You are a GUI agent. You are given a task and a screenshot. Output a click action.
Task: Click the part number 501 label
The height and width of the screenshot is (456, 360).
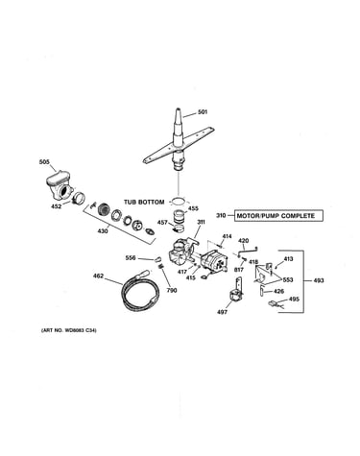203,112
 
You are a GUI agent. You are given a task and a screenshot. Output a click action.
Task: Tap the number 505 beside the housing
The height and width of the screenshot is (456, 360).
44,162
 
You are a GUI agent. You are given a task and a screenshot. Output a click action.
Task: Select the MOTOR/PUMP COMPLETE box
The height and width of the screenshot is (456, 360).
278,216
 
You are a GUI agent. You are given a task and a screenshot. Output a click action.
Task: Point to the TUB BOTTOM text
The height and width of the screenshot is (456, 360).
144,203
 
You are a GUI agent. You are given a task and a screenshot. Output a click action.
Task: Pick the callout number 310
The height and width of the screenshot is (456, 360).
221,216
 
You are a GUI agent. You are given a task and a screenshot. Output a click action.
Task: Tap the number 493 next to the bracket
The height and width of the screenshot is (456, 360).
319,280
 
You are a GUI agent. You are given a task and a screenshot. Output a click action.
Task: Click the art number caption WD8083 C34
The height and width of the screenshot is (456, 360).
69,330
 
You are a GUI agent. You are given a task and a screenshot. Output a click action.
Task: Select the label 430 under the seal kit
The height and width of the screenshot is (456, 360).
103,230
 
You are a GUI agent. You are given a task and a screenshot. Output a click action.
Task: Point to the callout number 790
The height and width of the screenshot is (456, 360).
172,291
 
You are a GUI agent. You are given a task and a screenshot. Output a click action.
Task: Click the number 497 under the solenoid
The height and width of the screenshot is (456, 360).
222,312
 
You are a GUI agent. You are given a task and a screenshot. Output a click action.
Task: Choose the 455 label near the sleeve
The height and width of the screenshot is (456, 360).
193,208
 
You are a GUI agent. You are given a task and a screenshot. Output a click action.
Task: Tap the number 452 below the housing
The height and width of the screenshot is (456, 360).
56,206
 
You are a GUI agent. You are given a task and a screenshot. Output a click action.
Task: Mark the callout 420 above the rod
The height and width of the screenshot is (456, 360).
244,241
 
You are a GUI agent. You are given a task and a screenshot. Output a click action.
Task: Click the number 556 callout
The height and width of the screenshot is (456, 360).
131,258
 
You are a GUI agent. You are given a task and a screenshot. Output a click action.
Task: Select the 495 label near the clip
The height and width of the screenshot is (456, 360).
294,300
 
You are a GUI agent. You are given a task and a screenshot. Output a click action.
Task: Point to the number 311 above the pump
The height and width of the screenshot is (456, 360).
201,222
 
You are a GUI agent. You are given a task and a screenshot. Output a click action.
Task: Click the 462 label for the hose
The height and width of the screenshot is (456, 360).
98,276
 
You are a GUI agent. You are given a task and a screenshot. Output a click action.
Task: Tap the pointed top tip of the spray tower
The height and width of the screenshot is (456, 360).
178,109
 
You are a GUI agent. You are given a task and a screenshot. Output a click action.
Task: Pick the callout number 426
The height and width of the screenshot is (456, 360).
279,291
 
